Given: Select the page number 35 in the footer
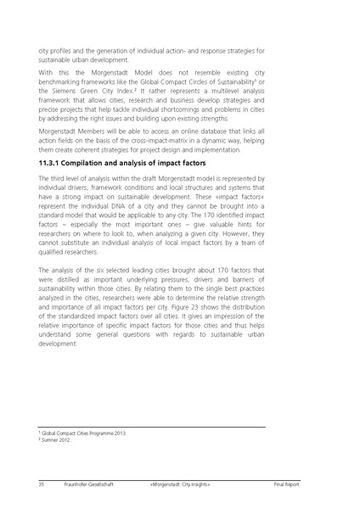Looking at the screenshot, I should coord(42,484).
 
